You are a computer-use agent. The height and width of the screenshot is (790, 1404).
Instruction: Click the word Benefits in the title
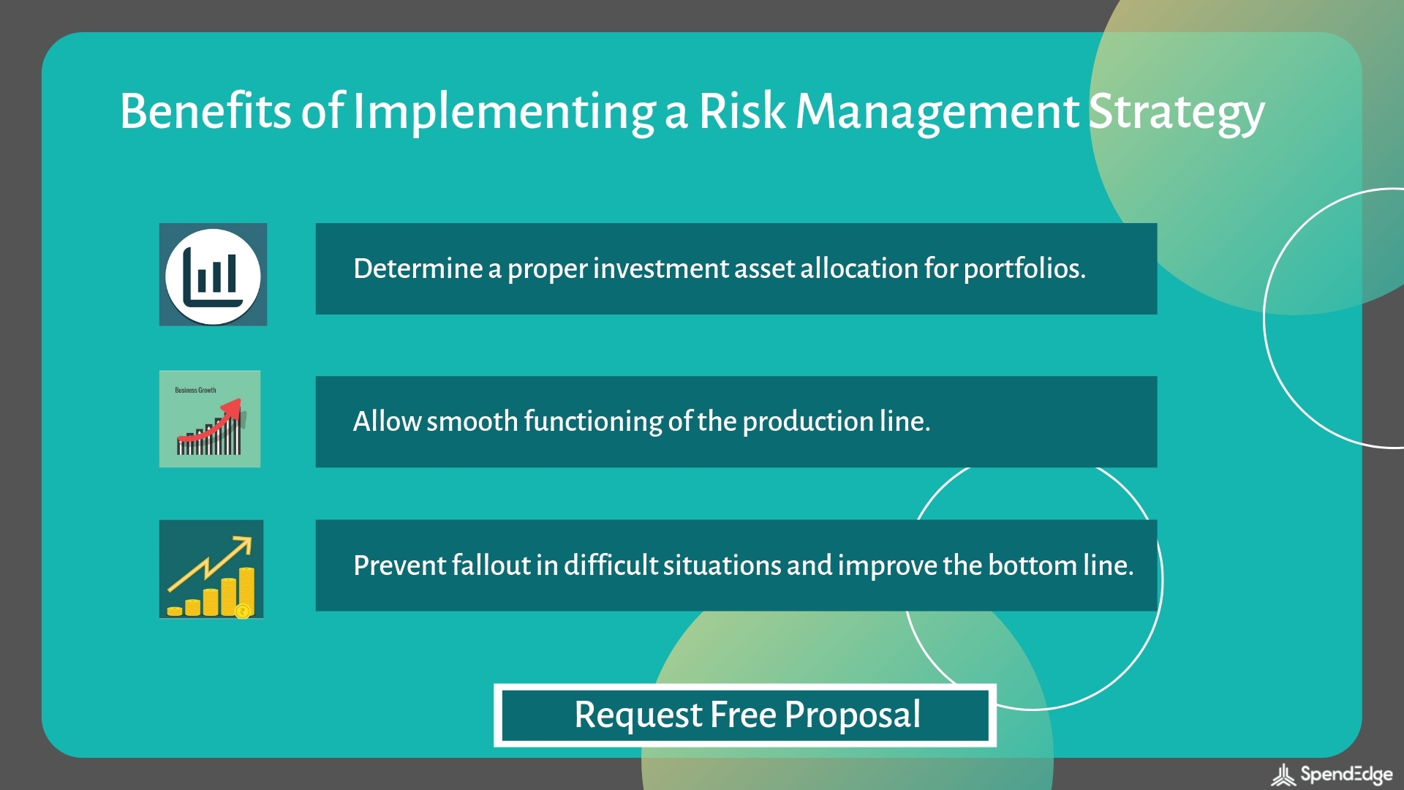205,111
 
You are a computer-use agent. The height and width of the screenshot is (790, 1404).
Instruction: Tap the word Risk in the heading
741,111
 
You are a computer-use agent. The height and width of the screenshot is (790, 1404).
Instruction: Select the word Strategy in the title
1177,113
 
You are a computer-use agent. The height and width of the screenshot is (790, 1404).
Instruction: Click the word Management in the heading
937,113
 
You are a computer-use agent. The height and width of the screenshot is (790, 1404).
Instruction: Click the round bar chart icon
213,276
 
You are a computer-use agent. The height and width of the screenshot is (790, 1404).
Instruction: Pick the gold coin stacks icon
211,571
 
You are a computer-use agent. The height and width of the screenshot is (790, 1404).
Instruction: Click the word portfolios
1024,269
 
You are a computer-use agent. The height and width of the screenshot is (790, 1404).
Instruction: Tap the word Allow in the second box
386,422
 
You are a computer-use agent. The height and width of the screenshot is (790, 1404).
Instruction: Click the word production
807,422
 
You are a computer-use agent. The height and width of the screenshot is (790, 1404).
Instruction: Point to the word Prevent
399,565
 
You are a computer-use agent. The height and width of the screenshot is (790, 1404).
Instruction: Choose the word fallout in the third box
491,565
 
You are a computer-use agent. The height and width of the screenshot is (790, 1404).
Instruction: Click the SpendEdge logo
1332,775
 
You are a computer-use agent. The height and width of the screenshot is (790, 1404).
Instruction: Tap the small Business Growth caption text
195,391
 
